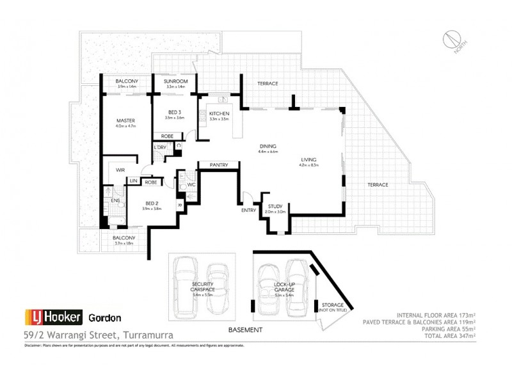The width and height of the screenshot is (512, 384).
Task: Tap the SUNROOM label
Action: pyautogui.click(x=175, y=82)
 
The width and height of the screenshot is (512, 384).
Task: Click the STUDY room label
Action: pyautogui.click(x=275, y=206)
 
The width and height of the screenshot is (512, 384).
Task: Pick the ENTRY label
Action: pyautogui.click(x=248, y=210)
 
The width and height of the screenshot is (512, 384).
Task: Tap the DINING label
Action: pyautogui.click(x=268, y=146)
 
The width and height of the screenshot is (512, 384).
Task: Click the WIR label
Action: pyautogui.click(x=119, y=170)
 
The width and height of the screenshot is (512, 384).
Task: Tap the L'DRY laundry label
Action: pyautogui.click(x=160, y=148)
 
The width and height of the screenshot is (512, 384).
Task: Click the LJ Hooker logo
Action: pyautogui.click(x=52, y=317)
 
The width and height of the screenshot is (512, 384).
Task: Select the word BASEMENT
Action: pyautogui.click(x=246, y=330)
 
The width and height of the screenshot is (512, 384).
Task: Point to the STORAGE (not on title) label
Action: pyautogui.click(x=333, y=306)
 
